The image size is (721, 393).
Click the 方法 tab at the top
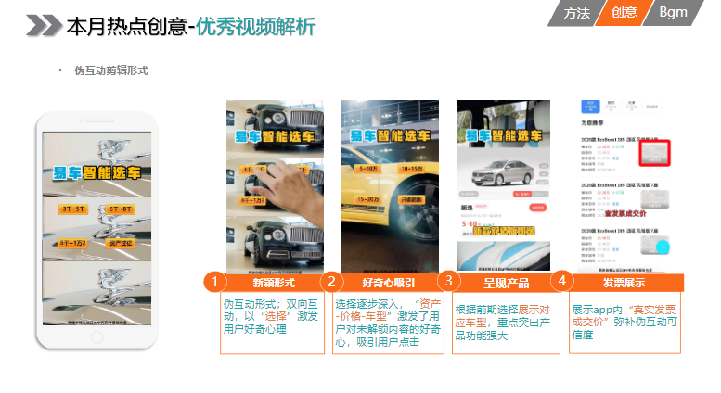[576, 12]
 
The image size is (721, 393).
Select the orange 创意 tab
[624, 12]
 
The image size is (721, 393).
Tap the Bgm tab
[672, 12]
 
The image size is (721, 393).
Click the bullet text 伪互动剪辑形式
[111, 70]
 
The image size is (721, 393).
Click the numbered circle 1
[214, 282]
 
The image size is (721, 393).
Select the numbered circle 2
[331, 282]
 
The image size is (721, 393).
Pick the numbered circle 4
[562, 280]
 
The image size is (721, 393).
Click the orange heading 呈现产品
[507, 283]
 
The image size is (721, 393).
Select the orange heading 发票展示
[624, 283]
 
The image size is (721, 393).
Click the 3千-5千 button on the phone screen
[72, 210]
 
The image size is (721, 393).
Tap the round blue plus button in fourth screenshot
[663, 247]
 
